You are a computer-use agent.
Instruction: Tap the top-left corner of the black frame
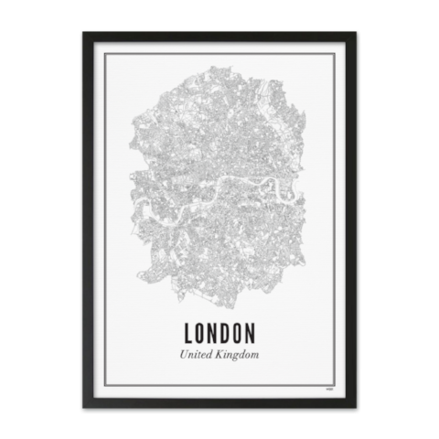[82, 33]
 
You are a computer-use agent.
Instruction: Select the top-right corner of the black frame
[356, 33]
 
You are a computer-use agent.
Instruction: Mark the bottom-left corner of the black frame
[82, 405]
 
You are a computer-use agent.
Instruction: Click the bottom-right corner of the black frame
[356, 405]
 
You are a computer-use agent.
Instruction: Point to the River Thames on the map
[219, 187]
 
